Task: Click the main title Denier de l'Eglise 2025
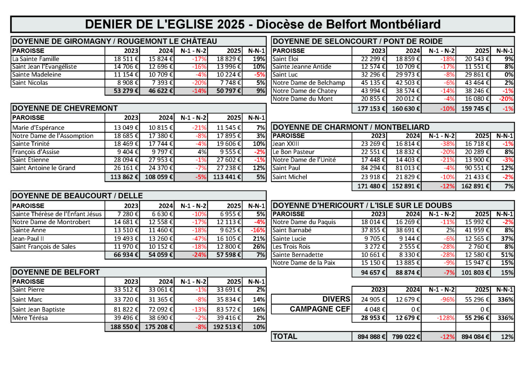click(262, 25)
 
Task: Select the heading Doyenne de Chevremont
click(65, 108)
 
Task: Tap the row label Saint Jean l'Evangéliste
click(44, 67)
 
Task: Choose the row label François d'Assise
click(36, 152)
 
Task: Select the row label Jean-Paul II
click(28, 239)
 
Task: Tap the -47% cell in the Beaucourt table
click(199, 239)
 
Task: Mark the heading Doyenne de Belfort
click(56, 272)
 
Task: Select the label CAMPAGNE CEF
click(320, 309)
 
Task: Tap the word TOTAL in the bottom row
click(285, 337)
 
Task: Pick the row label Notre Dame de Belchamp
click(309, 83)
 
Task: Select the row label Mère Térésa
click(30, 318)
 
